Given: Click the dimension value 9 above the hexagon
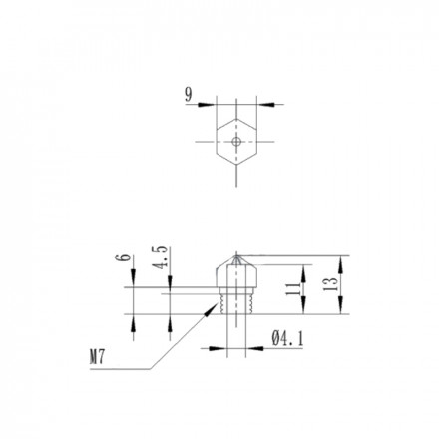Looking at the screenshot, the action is [189, 95].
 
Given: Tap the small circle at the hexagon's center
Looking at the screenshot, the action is [236, 142].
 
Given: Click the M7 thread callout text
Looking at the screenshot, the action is [97, 358].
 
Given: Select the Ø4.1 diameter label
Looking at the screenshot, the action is [287, 339].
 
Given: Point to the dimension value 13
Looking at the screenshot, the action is [331, 284].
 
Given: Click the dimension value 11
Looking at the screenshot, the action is [293, 289].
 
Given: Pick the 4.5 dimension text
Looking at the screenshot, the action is [160, 257].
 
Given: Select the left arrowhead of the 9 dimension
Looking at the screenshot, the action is [207, 105].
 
